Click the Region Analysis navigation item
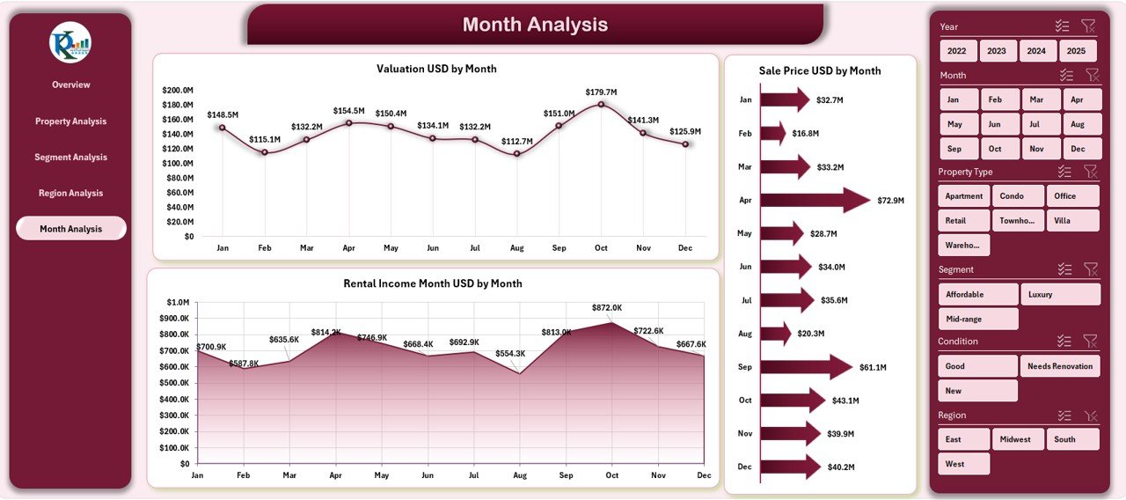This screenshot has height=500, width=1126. click(70, 193)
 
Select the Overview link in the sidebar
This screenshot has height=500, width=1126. click(70, 85)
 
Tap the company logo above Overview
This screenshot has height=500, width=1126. click(70, 42)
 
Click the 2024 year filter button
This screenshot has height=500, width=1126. click(1037, 51)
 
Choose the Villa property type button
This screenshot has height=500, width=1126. click(1073, 220)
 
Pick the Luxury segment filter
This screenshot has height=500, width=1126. click(1060, 294)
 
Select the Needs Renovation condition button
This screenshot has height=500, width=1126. click(1060, 366)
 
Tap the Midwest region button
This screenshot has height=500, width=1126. click(1018, 439)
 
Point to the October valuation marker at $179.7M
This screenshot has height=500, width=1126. click(601, 104)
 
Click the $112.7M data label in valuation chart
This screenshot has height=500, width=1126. click(516, 141)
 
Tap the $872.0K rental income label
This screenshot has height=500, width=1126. click(606, 308)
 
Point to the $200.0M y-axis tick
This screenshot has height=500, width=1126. click(179, 90)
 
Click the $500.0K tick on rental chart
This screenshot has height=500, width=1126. click(172, 383)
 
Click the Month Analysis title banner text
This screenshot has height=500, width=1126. click(535, 25)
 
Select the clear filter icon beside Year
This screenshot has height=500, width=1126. click(1088, 26)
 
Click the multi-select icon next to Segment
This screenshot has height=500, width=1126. click(1064, 269)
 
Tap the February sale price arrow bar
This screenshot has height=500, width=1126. click(772, 134)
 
